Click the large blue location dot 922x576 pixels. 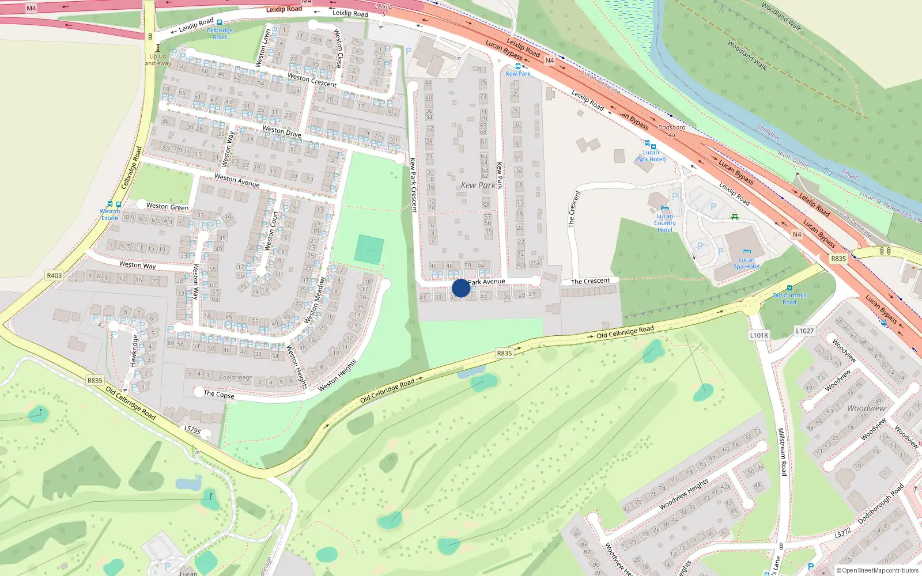click(x=461, y=288)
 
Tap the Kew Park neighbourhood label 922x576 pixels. click(x=478, y=185)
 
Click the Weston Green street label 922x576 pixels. click(x=167, y=206)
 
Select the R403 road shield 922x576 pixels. click(x=54, y=275)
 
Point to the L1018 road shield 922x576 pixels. click(x=759, y=335)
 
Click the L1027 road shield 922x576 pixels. click(x=804, y=331)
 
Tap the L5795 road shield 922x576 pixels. click(x=192, y=430)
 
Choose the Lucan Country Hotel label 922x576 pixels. click(x=664, y=223)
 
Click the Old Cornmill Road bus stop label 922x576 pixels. click(x=789, y=298)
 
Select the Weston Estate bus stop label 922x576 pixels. click(x=109, y=214)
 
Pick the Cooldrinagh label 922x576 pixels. click(x=236, y=378)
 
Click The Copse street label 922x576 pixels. click(x=219, y=395)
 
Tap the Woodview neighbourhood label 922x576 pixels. click(x=866, y=408)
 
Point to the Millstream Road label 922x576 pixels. click(x=782, y=452)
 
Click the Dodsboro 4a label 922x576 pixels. click(x=672, y=131)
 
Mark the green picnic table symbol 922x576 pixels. click(x=734, y=217)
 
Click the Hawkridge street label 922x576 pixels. click(x=134, y=351)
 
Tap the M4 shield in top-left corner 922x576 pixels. click(x=31, y=8)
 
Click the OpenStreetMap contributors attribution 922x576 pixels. click(x=879, y=570)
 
